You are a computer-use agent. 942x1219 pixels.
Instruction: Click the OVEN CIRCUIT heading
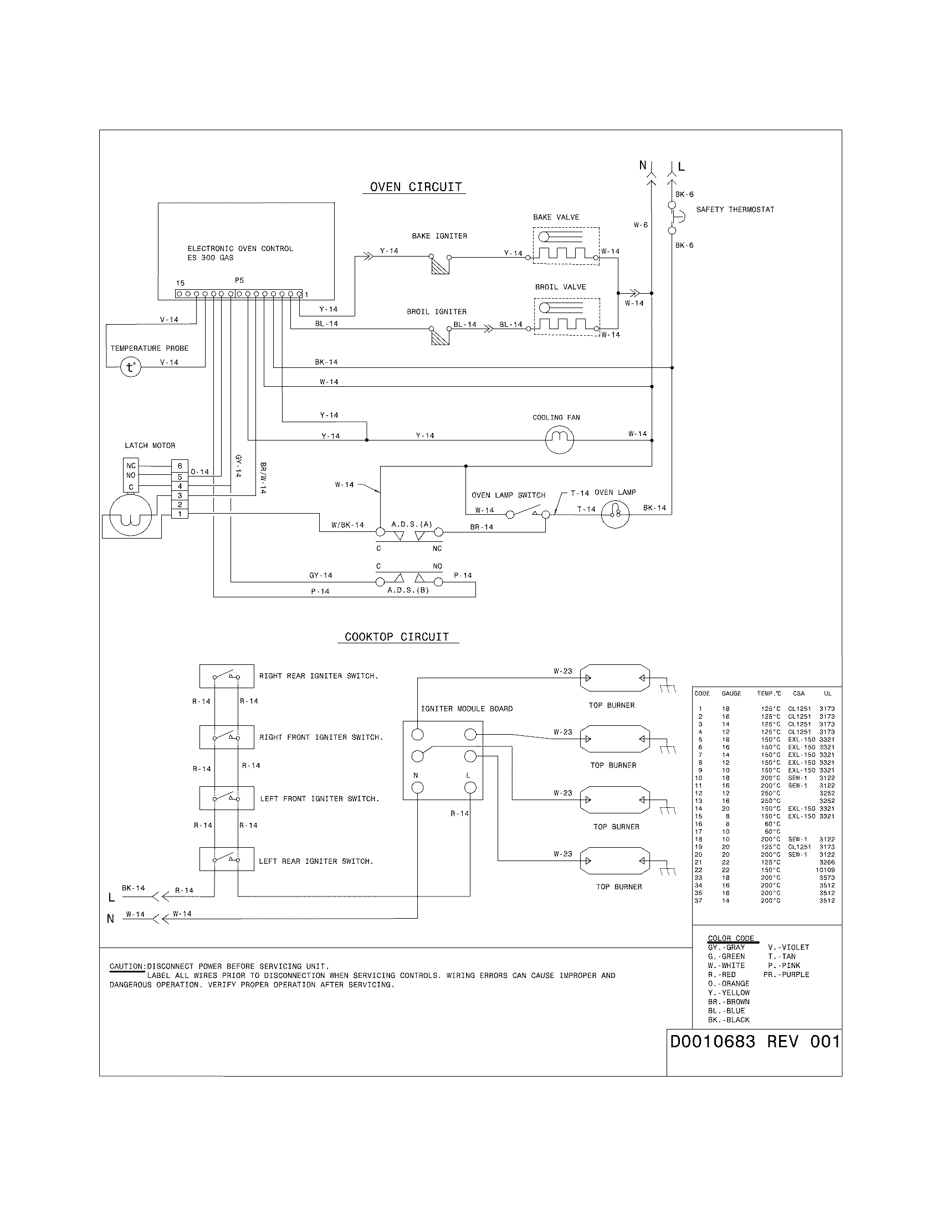[416, 187]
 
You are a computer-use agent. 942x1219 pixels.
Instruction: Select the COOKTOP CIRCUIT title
[397, 637]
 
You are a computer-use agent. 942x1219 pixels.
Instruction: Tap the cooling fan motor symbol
[559, 440]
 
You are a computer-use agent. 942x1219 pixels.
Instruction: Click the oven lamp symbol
[615, 514]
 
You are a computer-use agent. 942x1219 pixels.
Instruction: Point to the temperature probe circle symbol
[131, 367]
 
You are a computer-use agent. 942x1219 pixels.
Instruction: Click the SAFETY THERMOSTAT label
[735, 209]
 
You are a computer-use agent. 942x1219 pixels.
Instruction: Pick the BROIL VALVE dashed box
[566, 316]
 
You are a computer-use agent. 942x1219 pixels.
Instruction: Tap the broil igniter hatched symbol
[441, 336]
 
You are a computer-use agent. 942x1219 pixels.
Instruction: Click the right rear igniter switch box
[227, 676]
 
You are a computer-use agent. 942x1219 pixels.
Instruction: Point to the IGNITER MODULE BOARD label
[467, 709]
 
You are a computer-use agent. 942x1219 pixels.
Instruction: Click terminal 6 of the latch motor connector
[180, 466]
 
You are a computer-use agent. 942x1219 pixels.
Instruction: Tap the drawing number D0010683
[712, 1042]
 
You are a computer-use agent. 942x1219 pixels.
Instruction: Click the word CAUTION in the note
[127, 966]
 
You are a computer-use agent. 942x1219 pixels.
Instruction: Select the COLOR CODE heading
[730, 938]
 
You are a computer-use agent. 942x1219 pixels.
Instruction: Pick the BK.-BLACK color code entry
[729, 1020]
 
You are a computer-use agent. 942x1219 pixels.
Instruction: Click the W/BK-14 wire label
[347, 525]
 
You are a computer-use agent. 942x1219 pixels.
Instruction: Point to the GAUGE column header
[731, 693]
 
